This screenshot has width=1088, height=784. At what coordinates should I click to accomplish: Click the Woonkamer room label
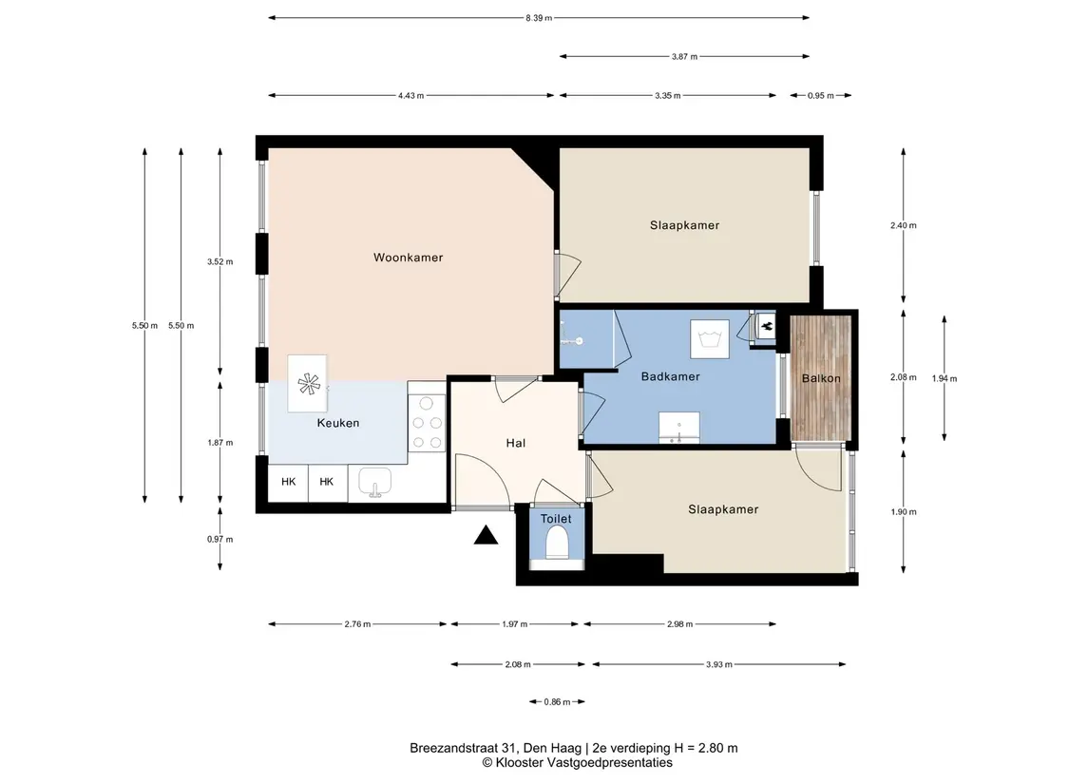pyautogui.click(x=408, y=258)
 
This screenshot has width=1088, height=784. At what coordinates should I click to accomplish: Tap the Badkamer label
pyautogui.click(x=670, y=376)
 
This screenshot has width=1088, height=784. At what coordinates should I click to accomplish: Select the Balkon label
pyautogui.click(x=821, y=378)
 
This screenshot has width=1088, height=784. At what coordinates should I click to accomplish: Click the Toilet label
pyautogui.click(x=556, y=519)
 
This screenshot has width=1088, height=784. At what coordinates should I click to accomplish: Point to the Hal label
pyautogui.click(x=516, y=444)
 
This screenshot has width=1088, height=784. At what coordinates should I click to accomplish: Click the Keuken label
pyautogui.click(x=338, y=423)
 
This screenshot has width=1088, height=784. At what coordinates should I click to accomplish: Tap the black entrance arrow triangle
pyautogui.click(x=486, y=535)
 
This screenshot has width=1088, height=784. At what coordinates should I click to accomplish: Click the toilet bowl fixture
pyautogui.click(x=557, y=542)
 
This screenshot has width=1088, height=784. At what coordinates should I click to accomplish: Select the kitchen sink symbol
pyautogui.click(x=374, y=482)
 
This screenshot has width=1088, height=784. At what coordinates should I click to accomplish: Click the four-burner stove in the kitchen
pyautogui.click(x=427, y=423)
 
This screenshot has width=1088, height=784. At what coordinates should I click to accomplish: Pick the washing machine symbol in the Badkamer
pyautogui.click(x=709, y=339)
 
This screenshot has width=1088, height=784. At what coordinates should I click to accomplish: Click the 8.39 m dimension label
pyautogui.click(x=539, y=18)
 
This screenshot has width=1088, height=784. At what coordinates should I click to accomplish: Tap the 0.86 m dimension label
pyautogui.click(x=557, y=702)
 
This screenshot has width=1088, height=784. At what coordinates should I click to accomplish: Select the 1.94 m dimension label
pyautogui.click(x=944, y=379)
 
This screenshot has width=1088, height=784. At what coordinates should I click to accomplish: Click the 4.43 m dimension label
pyautogui.click(x=410, y=96)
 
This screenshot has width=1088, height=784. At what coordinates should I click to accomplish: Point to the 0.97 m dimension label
pyautogui.click(x=220, y=540)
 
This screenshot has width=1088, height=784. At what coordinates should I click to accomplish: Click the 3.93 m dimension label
pyautogui.click(x=719, y=664)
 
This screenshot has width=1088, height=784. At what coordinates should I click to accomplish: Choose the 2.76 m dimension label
pyautogui.click(x=357, y=624)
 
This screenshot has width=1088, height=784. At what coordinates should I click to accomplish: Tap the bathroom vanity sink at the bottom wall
pyautogui.click(x=678, y=428)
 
